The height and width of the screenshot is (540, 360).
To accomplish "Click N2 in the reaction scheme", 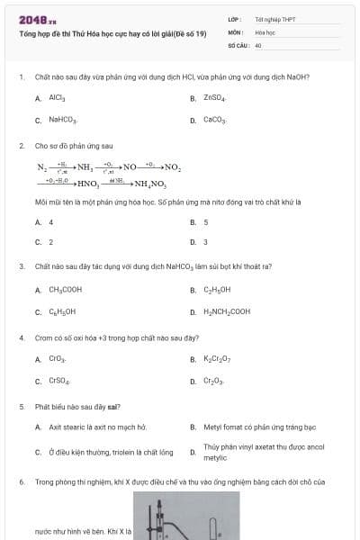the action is coord(41,167).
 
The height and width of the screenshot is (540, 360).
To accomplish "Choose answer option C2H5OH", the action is coord(217,290).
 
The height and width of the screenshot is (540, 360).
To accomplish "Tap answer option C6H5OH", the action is coord(62,311).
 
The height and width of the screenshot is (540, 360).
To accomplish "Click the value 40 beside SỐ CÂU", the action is coord(258,44).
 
